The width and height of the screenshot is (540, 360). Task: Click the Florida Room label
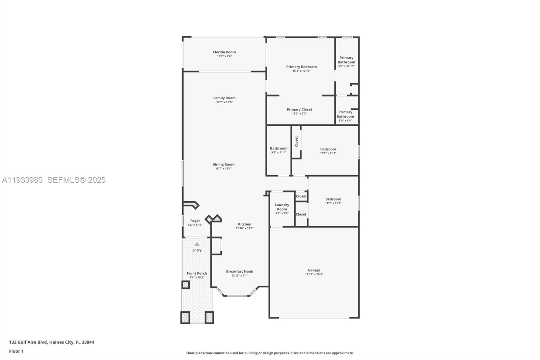tap(224, 52)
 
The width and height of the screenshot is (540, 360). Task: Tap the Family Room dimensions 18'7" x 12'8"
tap(224, 102)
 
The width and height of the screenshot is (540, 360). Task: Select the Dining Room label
tap(223, 164)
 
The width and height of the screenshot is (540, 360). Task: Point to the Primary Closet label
tap(299, 109)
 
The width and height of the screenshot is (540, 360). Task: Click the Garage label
tap(314, 270)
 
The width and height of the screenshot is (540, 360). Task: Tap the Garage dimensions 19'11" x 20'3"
tap(314, 274)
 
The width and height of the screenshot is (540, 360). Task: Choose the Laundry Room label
tap(282, 207)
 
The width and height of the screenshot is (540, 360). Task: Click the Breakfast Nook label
tap(240, 272)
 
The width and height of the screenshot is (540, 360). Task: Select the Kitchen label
tap(244, 224)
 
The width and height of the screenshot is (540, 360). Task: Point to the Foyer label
tap(195, 221)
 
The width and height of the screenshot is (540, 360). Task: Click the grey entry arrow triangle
tap(197, 244)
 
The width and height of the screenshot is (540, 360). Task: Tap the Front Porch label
tap(197, 274)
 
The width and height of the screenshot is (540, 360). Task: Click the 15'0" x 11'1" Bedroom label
tap(328, 149)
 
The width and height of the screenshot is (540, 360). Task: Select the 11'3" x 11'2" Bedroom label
tap(333, 199)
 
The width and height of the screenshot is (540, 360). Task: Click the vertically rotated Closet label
tap(296, 142)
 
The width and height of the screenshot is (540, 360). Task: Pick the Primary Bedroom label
tap(301, 67)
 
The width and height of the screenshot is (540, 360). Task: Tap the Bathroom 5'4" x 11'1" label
tap(279, 148)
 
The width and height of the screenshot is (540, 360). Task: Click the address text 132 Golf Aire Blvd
tap(28, 342)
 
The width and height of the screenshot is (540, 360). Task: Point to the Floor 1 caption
tap(17, 351)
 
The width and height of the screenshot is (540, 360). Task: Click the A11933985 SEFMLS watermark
tap(54, 180)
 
